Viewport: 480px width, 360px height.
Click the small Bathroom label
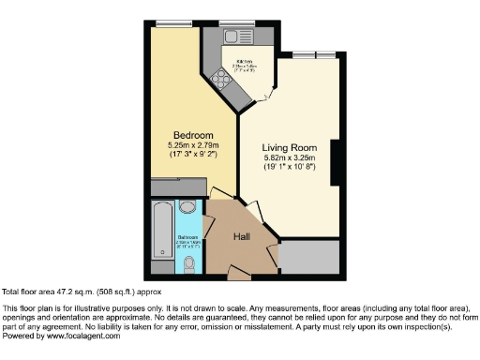[x=187, y=238]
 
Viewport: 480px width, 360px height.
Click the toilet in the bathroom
[x=190, y=264]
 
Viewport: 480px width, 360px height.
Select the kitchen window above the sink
[x=234, y=22]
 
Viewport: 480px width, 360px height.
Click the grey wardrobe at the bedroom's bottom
[x=177, y=187]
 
